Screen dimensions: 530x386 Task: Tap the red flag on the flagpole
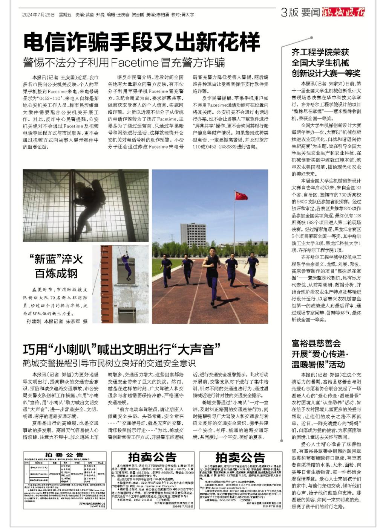point(241,196)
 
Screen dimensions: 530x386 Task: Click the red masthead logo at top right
point(343,12)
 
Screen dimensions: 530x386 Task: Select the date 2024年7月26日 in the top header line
point(38,15)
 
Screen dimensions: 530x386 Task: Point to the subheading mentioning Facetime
point(124,62)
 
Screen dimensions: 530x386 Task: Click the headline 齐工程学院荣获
point(320,52)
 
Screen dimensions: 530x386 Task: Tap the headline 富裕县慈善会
point(316,343)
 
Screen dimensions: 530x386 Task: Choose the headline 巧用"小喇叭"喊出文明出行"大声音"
point(121,349)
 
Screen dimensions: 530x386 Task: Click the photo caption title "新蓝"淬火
point(56,259)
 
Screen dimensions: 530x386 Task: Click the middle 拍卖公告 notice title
point(152,457)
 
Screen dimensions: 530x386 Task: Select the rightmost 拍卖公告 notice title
point(240,457)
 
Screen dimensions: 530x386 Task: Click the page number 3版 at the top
point(289,12)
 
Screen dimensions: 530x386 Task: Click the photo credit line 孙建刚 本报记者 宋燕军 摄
point(57,321)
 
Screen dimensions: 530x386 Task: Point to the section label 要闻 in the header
point(311,12)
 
